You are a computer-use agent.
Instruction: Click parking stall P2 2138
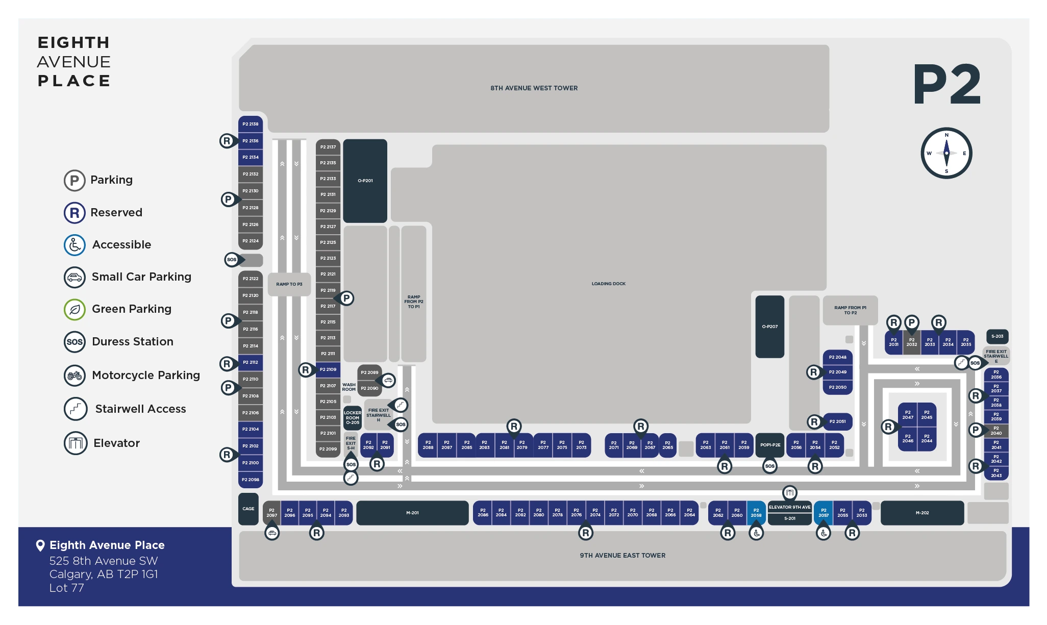(250, 124)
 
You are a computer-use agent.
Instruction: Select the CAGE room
(248, 509)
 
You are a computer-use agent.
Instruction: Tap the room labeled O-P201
(365, 181)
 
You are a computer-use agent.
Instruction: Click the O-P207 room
(769, 327)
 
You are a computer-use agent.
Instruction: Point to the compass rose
(946, 153)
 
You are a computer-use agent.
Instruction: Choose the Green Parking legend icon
(74, 309)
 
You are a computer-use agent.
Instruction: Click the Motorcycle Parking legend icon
(74, 376)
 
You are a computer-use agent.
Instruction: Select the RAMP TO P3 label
(289, 284)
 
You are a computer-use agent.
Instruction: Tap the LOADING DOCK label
(608, 284)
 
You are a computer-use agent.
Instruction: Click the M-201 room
(412, 513)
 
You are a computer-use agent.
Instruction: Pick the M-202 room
(922, 513)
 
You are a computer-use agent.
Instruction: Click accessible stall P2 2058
(756, 512)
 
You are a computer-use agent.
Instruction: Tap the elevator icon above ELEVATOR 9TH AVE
(789, 493)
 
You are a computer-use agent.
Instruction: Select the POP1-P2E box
(770, 445)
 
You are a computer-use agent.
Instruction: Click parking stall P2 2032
(911, 342)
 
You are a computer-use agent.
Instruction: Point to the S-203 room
(997, 336)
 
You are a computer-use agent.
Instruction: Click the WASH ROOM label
(349, 387)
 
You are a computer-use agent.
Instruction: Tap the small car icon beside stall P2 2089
(388, 380)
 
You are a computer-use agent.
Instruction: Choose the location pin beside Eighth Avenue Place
(40, 545)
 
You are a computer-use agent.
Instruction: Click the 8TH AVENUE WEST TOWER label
(534, 88)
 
